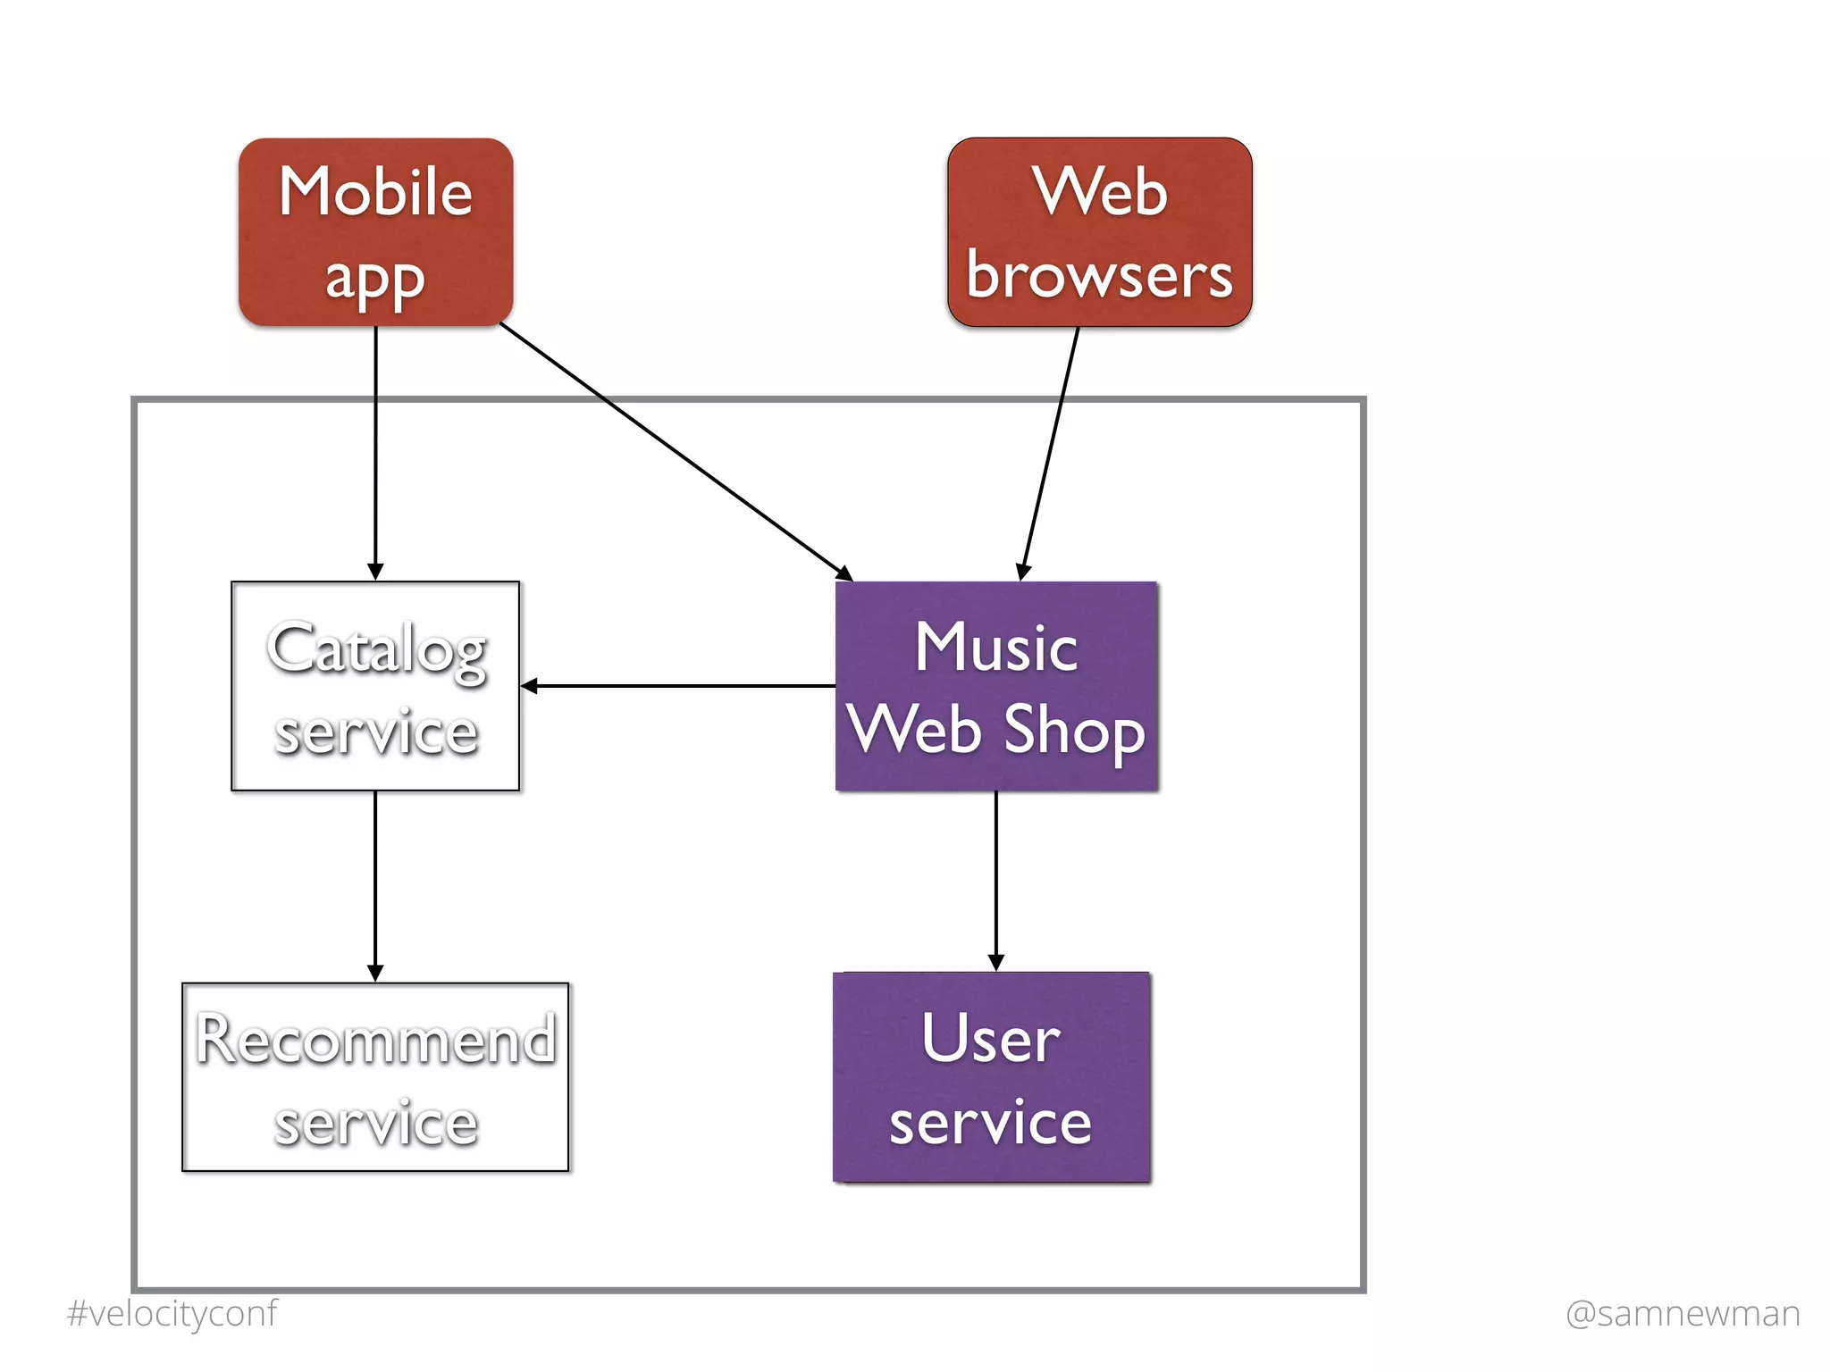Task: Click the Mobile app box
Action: (x=375, y=231)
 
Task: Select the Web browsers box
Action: (x=1099, y=231)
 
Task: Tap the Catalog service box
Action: (x=375, y=686)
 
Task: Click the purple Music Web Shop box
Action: (x=996, y=686)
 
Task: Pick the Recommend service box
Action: (x=375, y=1077)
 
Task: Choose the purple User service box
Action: (x=992, y=1077)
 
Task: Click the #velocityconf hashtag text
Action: (x=172, y=1313)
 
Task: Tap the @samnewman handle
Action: (x=1683, y=1313)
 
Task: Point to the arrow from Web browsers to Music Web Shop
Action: (x=1051, y=451)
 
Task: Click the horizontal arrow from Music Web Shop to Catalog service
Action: (x=679, y=686)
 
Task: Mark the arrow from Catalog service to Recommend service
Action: (x=375, y=884)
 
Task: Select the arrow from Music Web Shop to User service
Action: (x=996, y=880)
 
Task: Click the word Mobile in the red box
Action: (x=375, y=191)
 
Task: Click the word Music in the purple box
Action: (x=996, y=647)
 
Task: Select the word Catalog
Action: (x=375, y=649)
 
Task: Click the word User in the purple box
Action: (x=991, y=1038)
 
